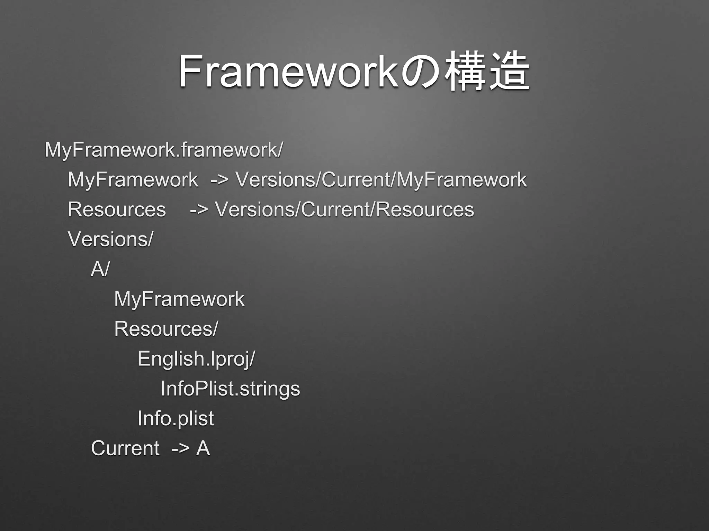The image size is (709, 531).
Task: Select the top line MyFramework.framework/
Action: tap(163, 150)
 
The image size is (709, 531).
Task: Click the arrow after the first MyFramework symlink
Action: tap(219, 180)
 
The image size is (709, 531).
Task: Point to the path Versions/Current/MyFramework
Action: tap(381, 180)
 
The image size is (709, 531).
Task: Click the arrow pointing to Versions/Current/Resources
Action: tap(199, 210)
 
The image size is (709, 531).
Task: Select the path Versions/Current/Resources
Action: tap(344, 209)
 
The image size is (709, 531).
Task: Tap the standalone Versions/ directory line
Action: tap(110, 239)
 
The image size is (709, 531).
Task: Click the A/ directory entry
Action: tap(100, 269)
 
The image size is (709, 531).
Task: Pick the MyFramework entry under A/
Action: tap(179, 299)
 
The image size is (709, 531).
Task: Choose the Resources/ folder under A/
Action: tap(166, 329)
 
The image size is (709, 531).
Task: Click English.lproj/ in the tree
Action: tap(196, 359)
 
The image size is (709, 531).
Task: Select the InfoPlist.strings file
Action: tap(230, 389)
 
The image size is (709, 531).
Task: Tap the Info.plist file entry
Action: tap(176, 419)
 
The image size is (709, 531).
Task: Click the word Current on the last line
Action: tap(125, 448)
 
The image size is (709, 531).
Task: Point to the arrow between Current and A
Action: tap(180, 449)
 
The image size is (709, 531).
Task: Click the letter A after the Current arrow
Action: tap(203, 448)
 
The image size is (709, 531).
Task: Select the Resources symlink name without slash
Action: tap(117, 210)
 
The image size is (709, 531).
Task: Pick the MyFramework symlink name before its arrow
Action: tap(133, 180)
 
